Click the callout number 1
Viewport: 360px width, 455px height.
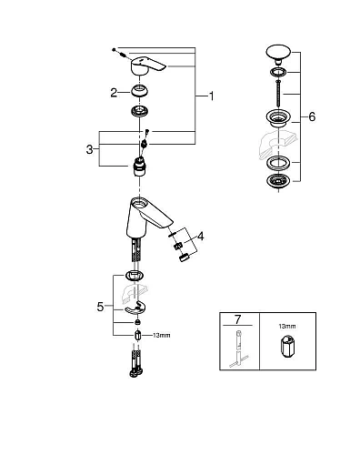(x=211, y=95)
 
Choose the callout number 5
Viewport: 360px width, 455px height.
(x=101, y=307)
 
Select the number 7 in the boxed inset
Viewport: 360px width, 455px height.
(x=239, y=322)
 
